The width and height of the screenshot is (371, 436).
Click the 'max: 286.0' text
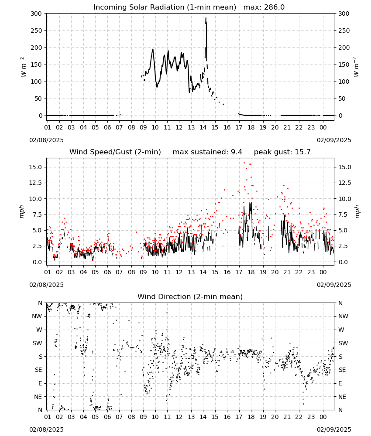264,7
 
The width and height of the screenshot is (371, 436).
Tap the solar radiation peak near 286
206,18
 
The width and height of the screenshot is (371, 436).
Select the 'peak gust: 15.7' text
282,152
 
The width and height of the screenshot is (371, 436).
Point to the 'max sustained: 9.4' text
207,152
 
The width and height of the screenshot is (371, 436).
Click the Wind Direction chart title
190,296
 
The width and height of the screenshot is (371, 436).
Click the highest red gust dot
244,163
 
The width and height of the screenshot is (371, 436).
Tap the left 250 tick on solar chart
37,31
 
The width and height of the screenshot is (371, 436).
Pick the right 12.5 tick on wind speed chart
344,183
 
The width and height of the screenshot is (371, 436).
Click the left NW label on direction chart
37,317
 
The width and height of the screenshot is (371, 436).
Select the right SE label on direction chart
342,370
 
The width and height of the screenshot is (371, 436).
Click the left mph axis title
21,211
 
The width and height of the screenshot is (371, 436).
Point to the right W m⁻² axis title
356,67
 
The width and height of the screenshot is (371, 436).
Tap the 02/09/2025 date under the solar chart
334,140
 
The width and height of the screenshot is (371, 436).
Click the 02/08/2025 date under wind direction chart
46,429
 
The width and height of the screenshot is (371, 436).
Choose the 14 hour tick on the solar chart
203,128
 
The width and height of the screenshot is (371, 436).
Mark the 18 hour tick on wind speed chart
251,272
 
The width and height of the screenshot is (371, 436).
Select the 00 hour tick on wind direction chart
323,417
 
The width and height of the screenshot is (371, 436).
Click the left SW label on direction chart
38,343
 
